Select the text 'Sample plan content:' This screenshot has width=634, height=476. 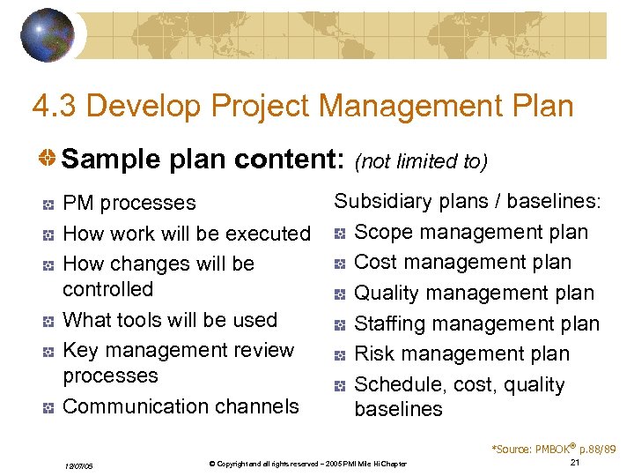tap(203, 160)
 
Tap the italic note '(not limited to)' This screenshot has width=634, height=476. tap(420, 161)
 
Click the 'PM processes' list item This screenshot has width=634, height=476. tap(129, 203)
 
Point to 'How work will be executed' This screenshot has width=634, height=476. tap(187, 234)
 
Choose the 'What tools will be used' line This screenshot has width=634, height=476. tap(170, 320)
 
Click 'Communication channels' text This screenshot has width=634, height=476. tap(181, 406)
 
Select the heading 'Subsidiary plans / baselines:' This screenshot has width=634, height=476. tap(467, 201)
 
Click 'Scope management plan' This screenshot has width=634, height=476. tap(470, 232)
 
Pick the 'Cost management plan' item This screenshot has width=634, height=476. tap(462, 263)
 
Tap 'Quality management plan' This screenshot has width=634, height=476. tap(474, 293)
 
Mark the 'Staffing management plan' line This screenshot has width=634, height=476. tap(476, 324)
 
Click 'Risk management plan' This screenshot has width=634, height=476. tap(461, 353)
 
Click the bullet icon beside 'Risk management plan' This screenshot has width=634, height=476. tap(340, 355)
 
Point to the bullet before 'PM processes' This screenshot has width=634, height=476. tap(49, 205)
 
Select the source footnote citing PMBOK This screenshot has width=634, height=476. tap(553, 449)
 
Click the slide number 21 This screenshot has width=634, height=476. tap(574, 463)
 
